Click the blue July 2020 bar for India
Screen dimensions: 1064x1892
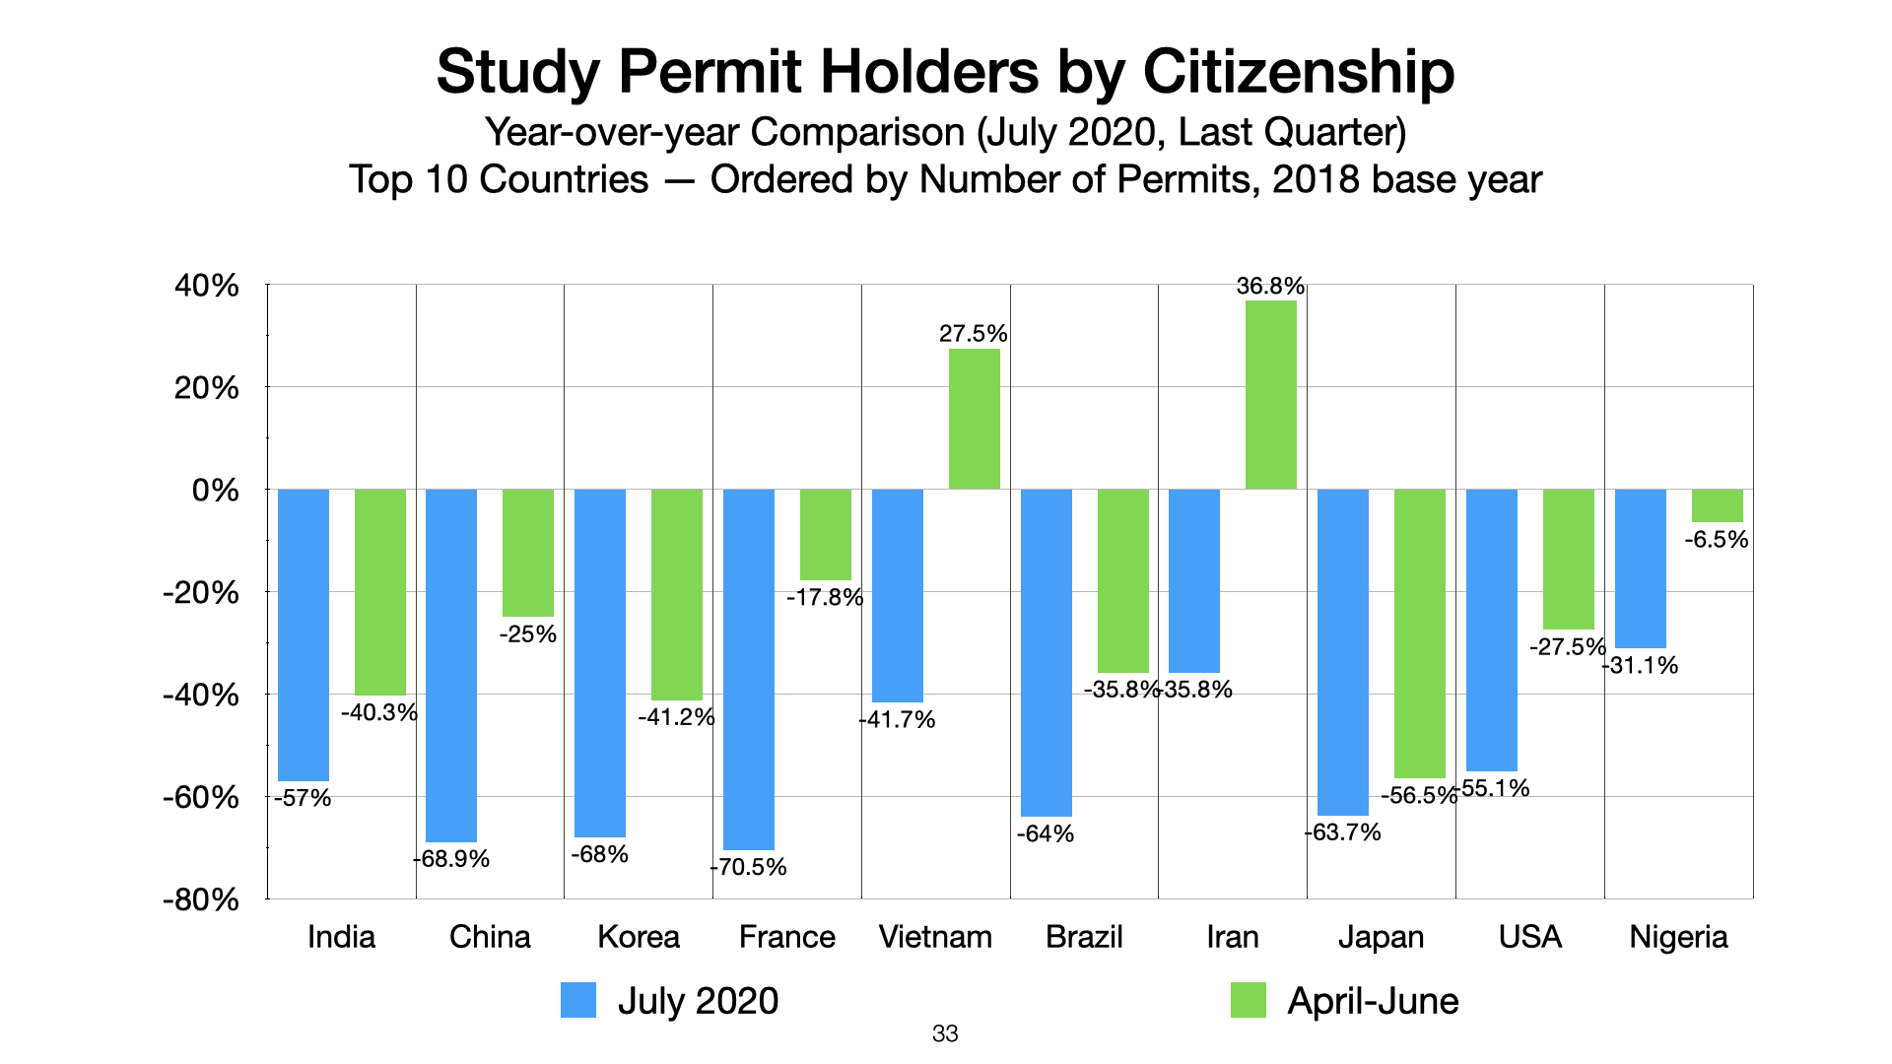(x=304, y=634)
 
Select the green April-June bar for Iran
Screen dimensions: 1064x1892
(x=1271, y=394)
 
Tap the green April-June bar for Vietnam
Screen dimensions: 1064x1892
(x=975, y=419)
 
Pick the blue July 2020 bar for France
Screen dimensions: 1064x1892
(x=749, y=669)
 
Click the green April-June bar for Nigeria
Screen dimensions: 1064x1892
(x=1718, y=505)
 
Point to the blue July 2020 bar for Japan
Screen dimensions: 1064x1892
(x=1343, y=652)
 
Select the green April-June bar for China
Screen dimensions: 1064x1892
(x=528, y=553)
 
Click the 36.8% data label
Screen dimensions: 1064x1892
(x=1270, y=287)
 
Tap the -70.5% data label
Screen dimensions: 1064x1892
(x=749, y=867)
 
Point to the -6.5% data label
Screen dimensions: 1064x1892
(x=1717, y=540)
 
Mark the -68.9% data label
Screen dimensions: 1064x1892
(x=451, y=859)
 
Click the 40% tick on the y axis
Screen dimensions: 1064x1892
(x=207, y=286)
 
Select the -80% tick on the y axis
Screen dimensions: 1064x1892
(x=201, y=899)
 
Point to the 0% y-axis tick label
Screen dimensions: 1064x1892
(x=216, y=490)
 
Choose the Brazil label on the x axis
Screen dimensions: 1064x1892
(x=1084, y=936)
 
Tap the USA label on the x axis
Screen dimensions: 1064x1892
(x=1529, y=936)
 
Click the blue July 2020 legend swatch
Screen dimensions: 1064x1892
(x=578, y=1000)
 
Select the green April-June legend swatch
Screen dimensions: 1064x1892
(x=1249, y=1000)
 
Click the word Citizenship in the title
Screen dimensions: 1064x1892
(x=1298, y=71)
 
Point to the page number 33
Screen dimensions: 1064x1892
(x=945, y=1033)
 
